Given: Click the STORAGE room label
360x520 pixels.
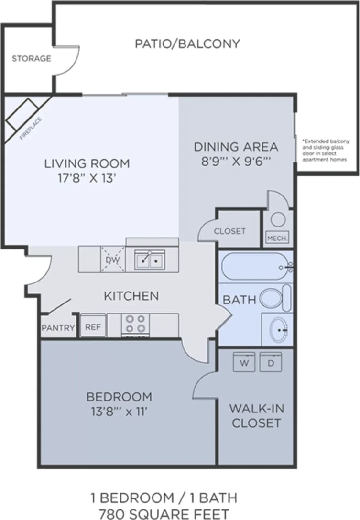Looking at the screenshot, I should coord(31,59).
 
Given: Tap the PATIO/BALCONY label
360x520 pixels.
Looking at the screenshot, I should coord(187,44).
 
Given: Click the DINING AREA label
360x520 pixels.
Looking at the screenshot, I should coord(236,147).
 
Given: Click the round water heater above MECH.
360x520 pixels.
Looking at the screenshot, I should coord(278,219).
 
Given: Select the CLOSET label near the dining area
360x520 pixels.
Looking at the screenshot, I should coord(229,231).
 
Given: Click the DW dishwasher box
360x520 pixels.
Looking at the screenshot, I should coord(113,260).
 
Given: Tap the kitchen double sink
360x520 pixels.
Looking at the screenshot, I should coord(150,260).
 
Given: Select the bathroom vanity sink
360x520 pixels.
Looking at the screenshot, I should coord(278,329).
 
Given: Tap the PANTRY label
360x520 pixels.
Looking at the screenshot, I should coord(58,328).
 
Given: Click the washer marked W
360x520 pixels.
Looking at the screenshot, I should coord(244,363).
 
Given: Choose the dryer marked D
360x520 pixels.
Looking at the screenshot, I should coord(270,363).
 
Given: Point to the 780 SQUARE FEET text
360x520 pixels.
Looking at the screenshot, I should coord(164,513).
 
